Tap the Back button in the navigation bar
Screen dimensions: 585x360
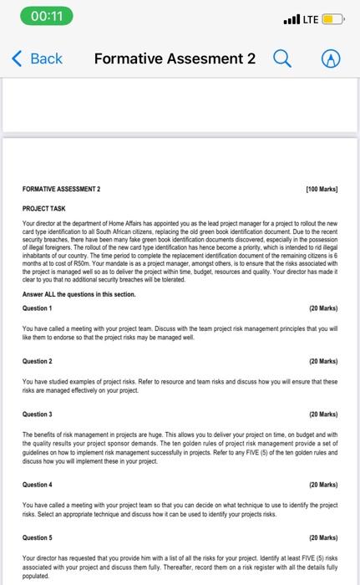coord(38,59)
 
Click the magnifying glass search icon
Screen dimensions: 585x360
coord(282,58)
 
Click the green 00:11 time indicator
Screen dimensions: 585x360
coord(40,17)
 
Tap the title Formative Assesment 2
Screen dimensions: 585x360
coord(175,59)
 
